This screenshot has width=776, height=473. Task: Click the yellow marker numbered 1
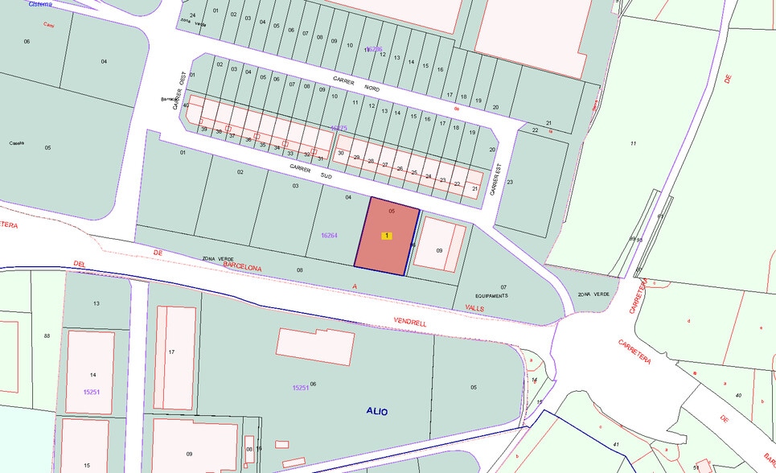tap(388, 236)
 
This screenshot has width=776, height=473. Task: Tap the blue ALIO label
tap(376, 412)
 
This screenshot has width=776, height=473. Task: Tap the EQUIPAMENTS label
tap(491, 296)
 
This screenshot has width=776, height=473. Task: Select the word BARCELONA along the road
tap(243, 266)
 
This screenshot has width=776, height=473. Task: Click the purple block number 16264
tap(329, 236)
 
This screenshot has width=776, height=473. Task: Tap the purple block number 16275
tap(339, 128)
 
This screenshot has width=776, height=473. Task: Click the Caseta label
tap(17, 143)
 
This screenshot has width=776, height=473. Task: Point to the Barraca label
tap(169, 99)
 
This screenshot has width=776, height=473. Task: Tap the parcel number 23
tap(510, 182)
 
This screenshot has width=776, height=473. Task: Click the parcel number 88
tap(47, 335)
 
